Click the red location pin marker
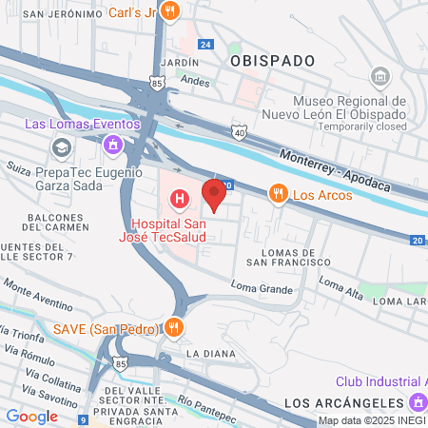[214, 193]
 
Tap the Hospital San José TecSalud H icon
[178, 199]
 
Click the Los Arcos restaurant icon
[278, 194]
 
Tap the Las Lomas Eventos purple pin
[113, 145]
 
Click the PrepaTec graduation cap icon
[62, 148]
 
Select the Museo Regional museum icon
[379, 76]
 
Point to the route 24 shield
[205, 45]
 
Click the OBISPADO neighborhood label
[272, 60]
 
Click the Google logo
[31, 416]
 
